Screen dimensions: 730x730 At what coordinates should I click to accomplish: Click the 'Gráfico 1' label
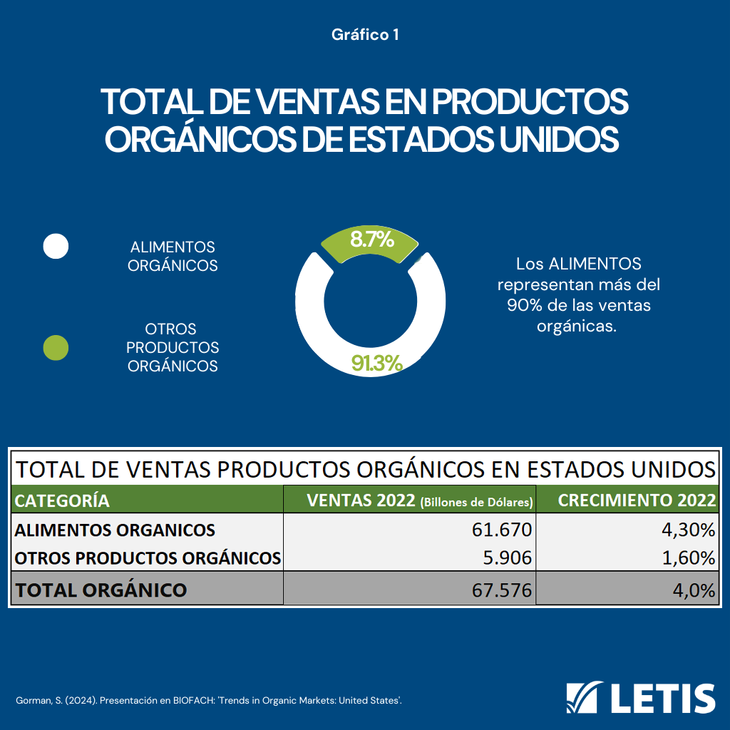(364, 34)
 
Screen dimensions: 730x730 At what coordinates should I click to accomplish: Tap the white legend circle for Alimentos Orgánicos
(56, 246)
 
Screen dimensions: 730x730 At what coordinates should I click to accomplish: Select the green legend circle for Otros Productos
(56, 348)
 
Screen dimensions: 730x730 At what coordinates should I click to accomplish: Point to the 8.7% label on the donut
(371, 240)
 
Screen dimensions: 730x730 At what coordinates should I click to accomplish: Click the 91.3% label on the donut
(377, 364)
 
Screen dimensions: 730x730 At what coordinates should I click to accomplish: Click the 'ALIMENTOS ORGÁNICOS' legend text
(173, 256)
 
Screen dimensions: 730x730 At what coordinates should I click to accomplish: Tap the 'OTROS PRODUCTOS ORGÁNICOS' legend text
(173, 348)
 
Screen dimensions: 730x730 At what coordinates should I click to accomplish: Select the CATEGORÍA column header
(63, 500)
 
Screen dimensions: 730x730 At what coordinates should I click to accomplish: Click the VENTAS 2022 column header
(410, 500)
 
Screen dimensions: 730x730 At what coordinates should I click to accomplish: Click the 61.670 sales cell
(502, 530)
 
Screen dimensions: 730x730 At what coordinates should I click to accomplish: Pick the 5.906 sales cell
(506, 557)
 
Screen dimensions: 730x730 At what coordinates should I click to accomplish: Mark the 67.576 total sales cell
(502, 590)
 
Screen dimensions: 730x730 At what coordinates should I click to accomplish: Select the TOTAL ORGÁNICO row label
(101, 590)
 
